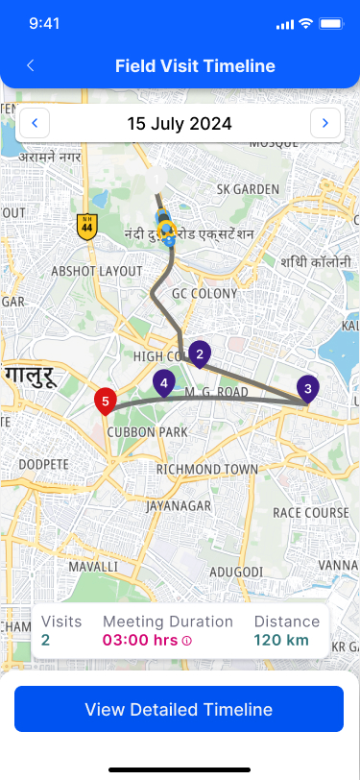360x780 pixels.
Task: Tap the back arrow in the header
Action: (x=31, y=66)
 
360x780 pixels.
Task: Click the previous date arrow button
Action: (x=36, y=123)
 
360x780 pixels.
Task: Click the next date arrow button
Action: (x=325, y=123)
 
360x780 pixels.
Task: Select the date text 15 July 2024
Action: (x=180, y=123)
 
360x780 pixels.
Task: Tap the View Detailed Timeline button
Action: (x=180, y=710)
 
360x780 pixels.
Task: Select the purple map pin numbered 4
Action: (x=164, y=384)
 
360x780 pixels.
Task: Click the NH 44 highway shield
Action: (x=87, y=227)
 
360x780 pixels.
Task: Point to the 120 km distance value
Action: (x=282, y=640)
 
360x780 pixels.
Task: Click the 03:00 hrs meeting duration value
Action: (x=140, y=640)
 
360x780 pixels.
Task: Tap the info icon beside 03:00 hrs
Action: (x=187, y=641)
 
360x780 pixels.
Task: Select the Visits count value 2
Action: (x=46, y=640)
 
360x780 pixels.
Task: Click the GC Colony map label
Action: (x=204, y=293)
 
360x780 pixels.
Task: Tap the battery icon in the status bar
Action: (x=331, y=22)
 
